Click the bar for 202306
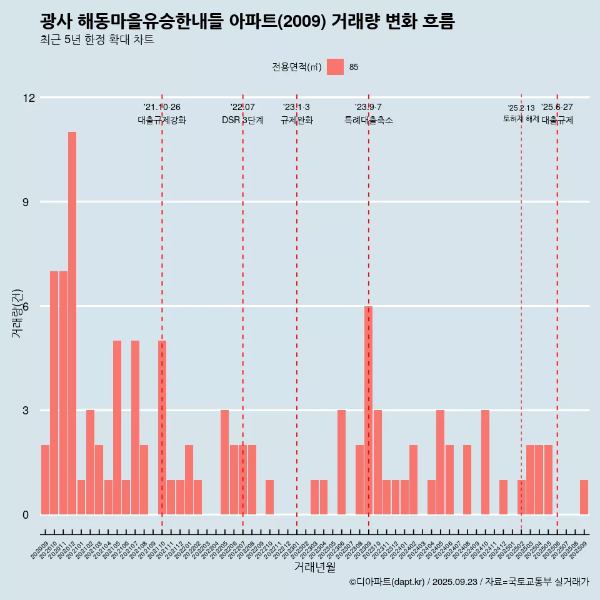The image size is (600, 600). pos(342,462)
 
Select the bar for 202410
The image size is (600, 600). pos(486,462)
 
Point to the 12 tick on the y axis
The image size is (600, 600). pos(29,97)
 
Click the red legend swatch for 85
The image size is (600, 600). pos(335,67)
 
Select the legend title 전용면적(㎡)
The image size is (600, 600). pos(297,67)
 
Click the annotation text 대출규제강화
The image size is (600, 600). pos(162,120)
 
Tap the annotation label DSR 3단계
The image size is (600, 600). pos(242,120)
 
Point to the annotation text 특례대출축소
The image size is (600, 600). pos(369,120)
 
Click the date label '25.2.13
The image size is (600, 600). pos(521,108)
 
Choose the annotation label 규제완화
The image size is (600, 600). pos(296,120)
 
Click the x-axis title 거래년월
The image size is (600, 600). pos(314,567)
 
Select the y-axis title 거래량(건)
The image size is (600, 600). pos(17,313)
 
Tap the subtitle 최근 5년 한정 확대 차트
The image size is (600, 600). pos(97,40)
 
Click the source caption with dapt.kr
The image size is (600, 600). pos(469,582)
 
